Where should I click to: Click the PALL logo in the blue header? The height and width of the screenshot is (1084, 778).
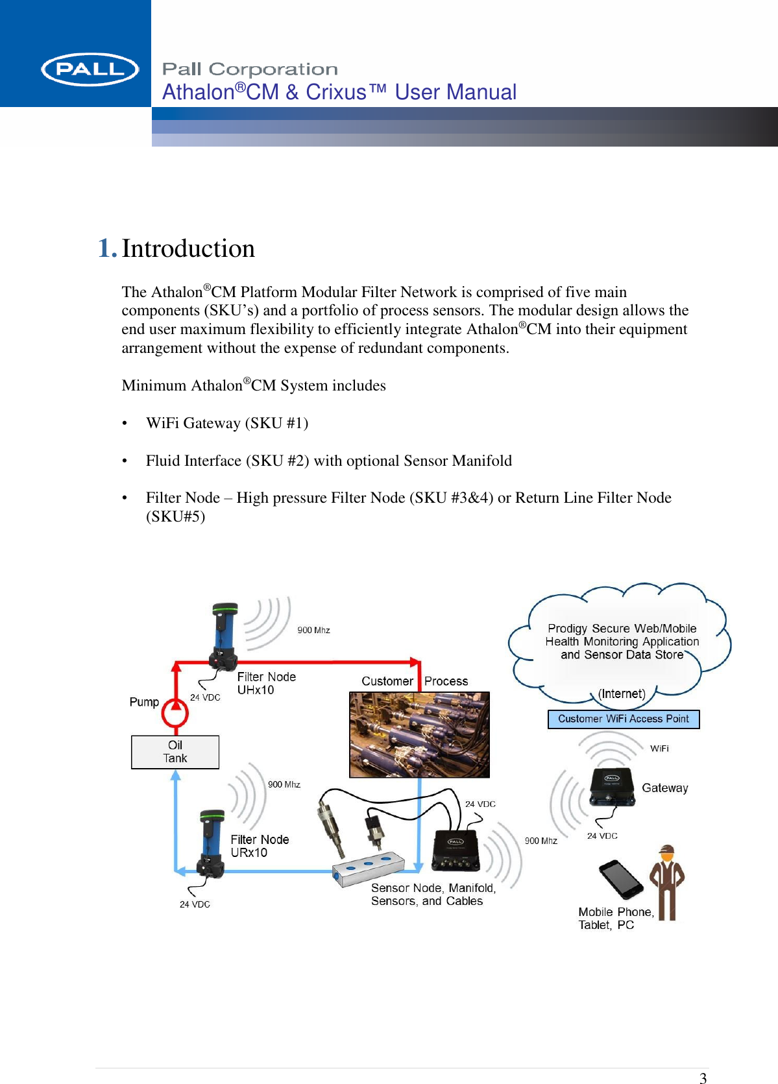click(x=90, y=69)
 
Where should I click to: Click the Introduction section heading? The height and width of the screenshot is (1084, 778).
click(x=188, y=248)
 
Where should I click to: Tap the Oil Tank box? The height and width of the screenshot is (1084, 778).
click(x=175, y=752)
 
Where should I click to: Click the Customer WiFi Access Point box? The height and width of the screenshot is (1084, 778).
click(x=623, y=719)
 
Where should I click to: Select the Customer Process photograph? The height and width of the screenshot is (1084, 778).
click(x=419, y=734)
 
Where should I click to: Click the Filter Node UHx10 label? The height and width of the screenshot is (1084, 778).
click(x=266, y=683)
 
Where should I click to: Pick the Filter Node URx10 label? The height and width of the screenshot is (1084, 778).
click(x=260, y=846)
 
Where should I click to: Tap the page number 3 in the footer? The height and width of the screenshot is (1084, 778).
click(x=703, y=1078)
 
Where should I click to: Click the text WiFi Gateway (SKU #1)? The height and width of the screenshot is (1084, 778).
click(x=227, y=423)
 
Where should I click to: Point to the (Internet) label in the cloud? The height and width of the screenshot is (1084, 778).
click(x=621, y=693)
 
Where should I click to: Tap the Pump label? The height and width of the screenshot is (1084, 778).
click(x=144, y=702)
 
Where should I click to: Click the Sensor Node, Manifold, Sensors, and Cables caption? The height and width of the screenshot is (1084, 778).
click(x=433, y=895)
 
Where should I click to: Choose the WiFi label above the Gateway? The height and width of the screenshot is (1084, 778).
click(x=659, y=749)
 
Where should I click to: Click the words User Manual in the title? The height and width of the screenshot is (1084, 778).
click(x=456, y=92)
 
